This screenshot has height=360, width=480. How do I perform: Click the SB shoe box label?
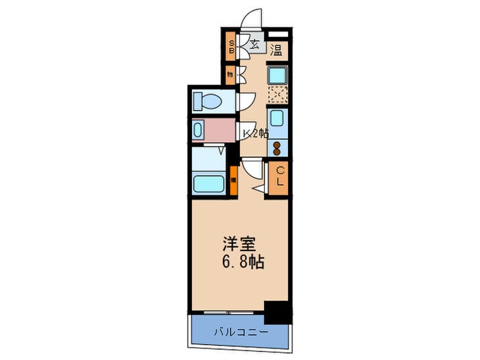(x=232, y=47)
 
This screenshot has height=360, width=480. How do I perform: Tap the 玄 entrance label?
(x=254, y=46)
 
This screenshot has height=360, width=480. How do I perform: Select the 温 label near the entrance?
(x=276, y=49)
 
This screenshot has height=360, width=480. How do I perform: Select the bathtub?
(x=211, y=183)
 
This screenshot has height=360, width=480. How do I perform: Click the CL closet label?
(x=279, y=178)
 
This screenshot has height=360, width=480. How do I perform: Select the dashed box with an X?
(x=278, y=95)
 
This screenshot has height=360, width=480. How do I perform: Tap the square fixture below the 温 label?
(x=277, y=73)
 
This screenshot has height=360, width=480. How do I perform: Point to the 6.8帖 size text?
(x=242, y=262)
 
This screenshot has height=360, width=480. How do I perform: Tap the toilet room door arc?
(x=245, y=101)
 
